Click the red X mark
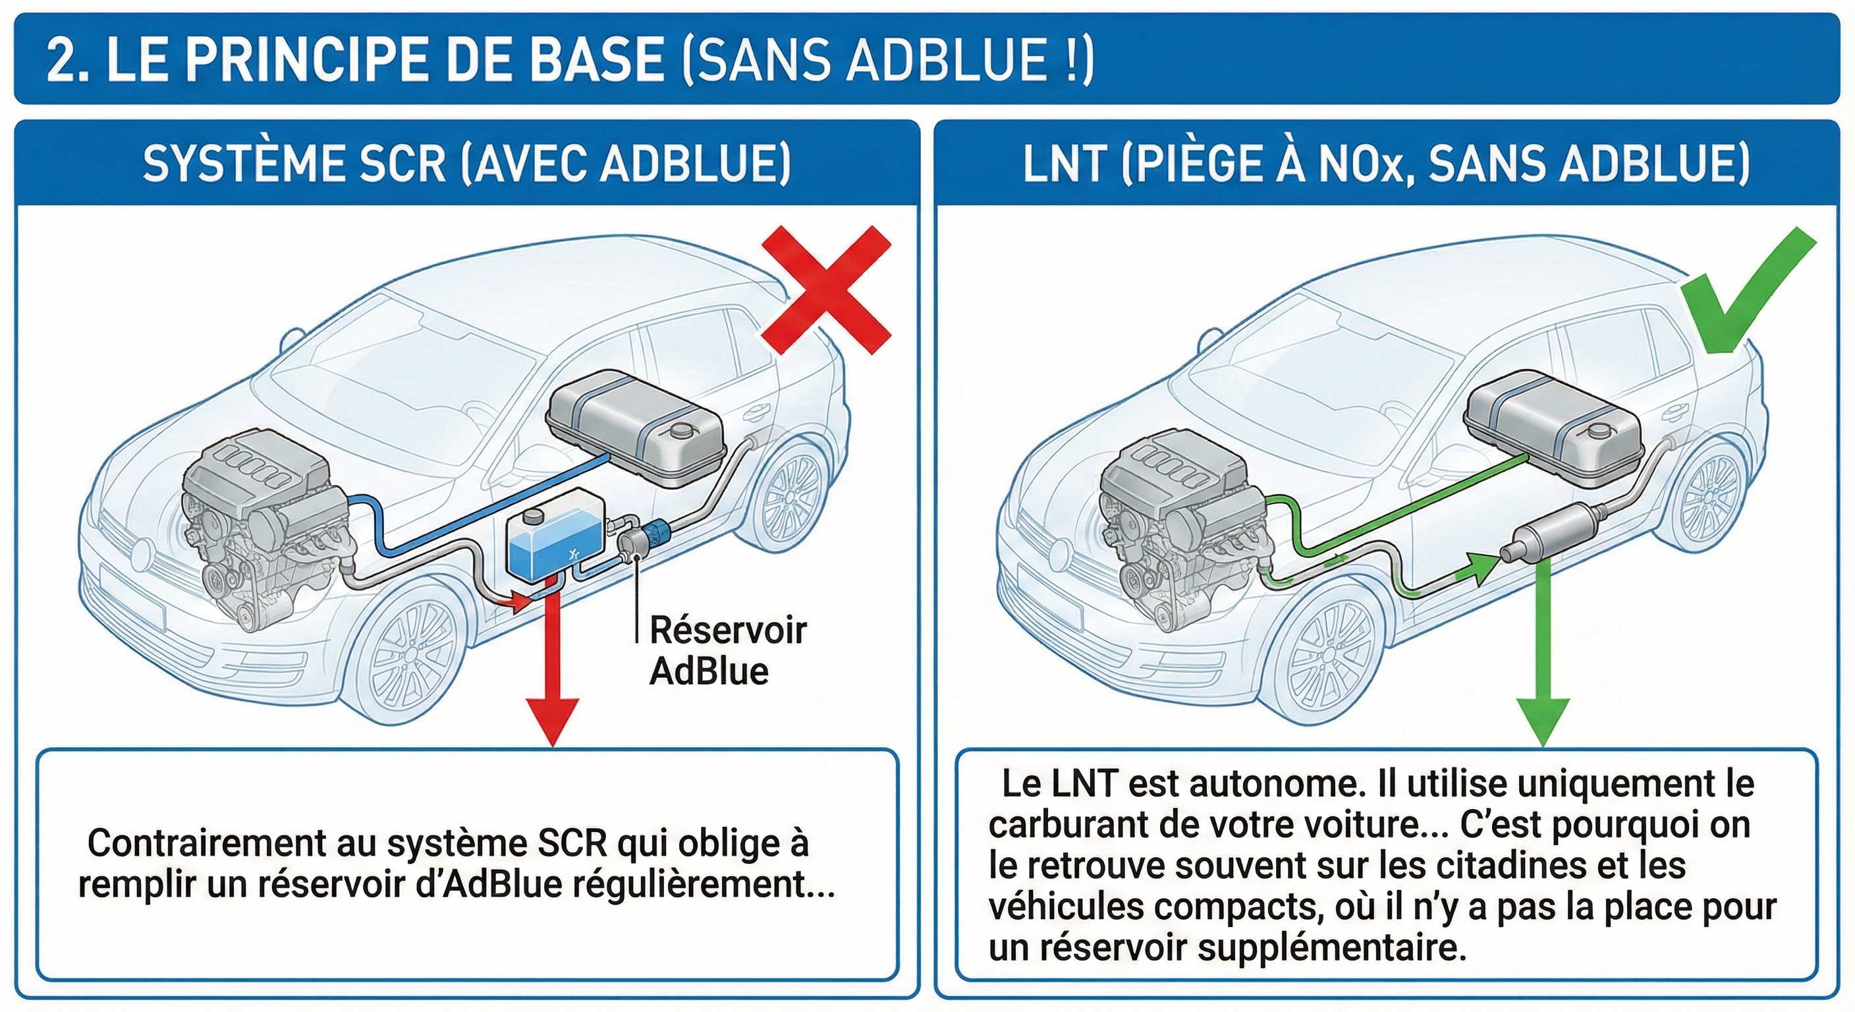(x=827, y=291)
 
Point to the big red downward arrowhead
(x=552, y=720)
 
